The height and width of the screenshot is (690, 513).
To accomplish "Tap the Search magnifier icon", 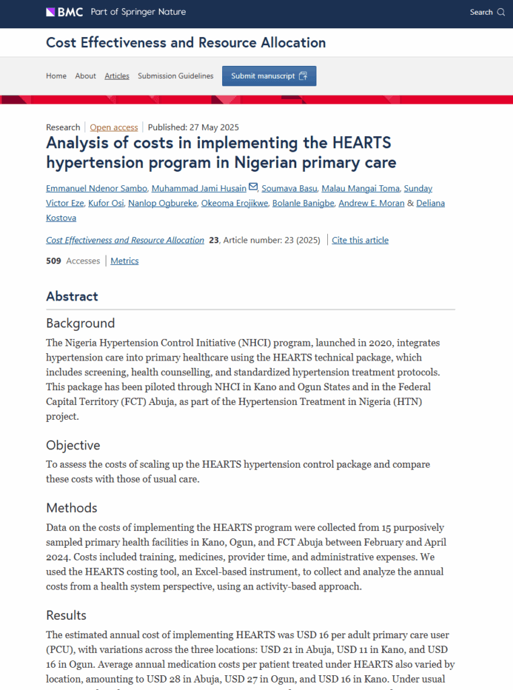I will tap(501, 12).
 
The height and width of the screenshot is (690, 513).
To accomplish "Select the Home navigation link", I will tap(56, 76).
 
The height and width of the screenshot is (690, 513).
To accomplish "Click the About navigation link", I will tap(85, 76).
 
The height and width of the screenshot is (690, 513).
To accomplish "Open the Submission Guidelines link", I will tap(176, 76).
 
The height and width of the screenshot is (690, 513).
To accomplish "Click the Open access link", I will tap(114, 127).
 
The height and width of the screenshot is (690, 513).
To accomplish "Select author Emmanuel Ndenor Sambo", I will tap(96, 188).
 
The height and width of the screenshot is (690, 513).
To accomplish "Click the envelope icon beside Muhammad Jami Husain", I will tap(253, 187).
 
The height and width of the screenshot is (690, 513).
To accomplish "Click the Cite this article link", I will tap(360, 240).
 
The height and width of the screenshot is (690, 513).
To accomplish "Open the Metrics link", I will tap(125, 261).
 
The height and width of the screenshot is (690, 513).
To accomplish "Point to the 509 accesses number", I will tap(54, 261).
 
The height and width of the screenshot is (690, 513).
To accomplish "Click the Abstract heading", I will tap(72, 296).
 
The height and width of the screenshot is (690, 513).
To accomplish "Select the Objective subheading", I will tap(73, 445).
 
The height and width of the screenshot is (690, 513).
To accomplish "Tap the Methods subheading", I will tap(71, 508).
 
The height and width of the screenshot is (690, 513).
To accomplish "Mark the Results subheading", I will tap(66, 615).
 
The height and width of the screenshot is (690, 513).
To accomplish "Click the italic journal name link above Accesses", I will tap(125, 240).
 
